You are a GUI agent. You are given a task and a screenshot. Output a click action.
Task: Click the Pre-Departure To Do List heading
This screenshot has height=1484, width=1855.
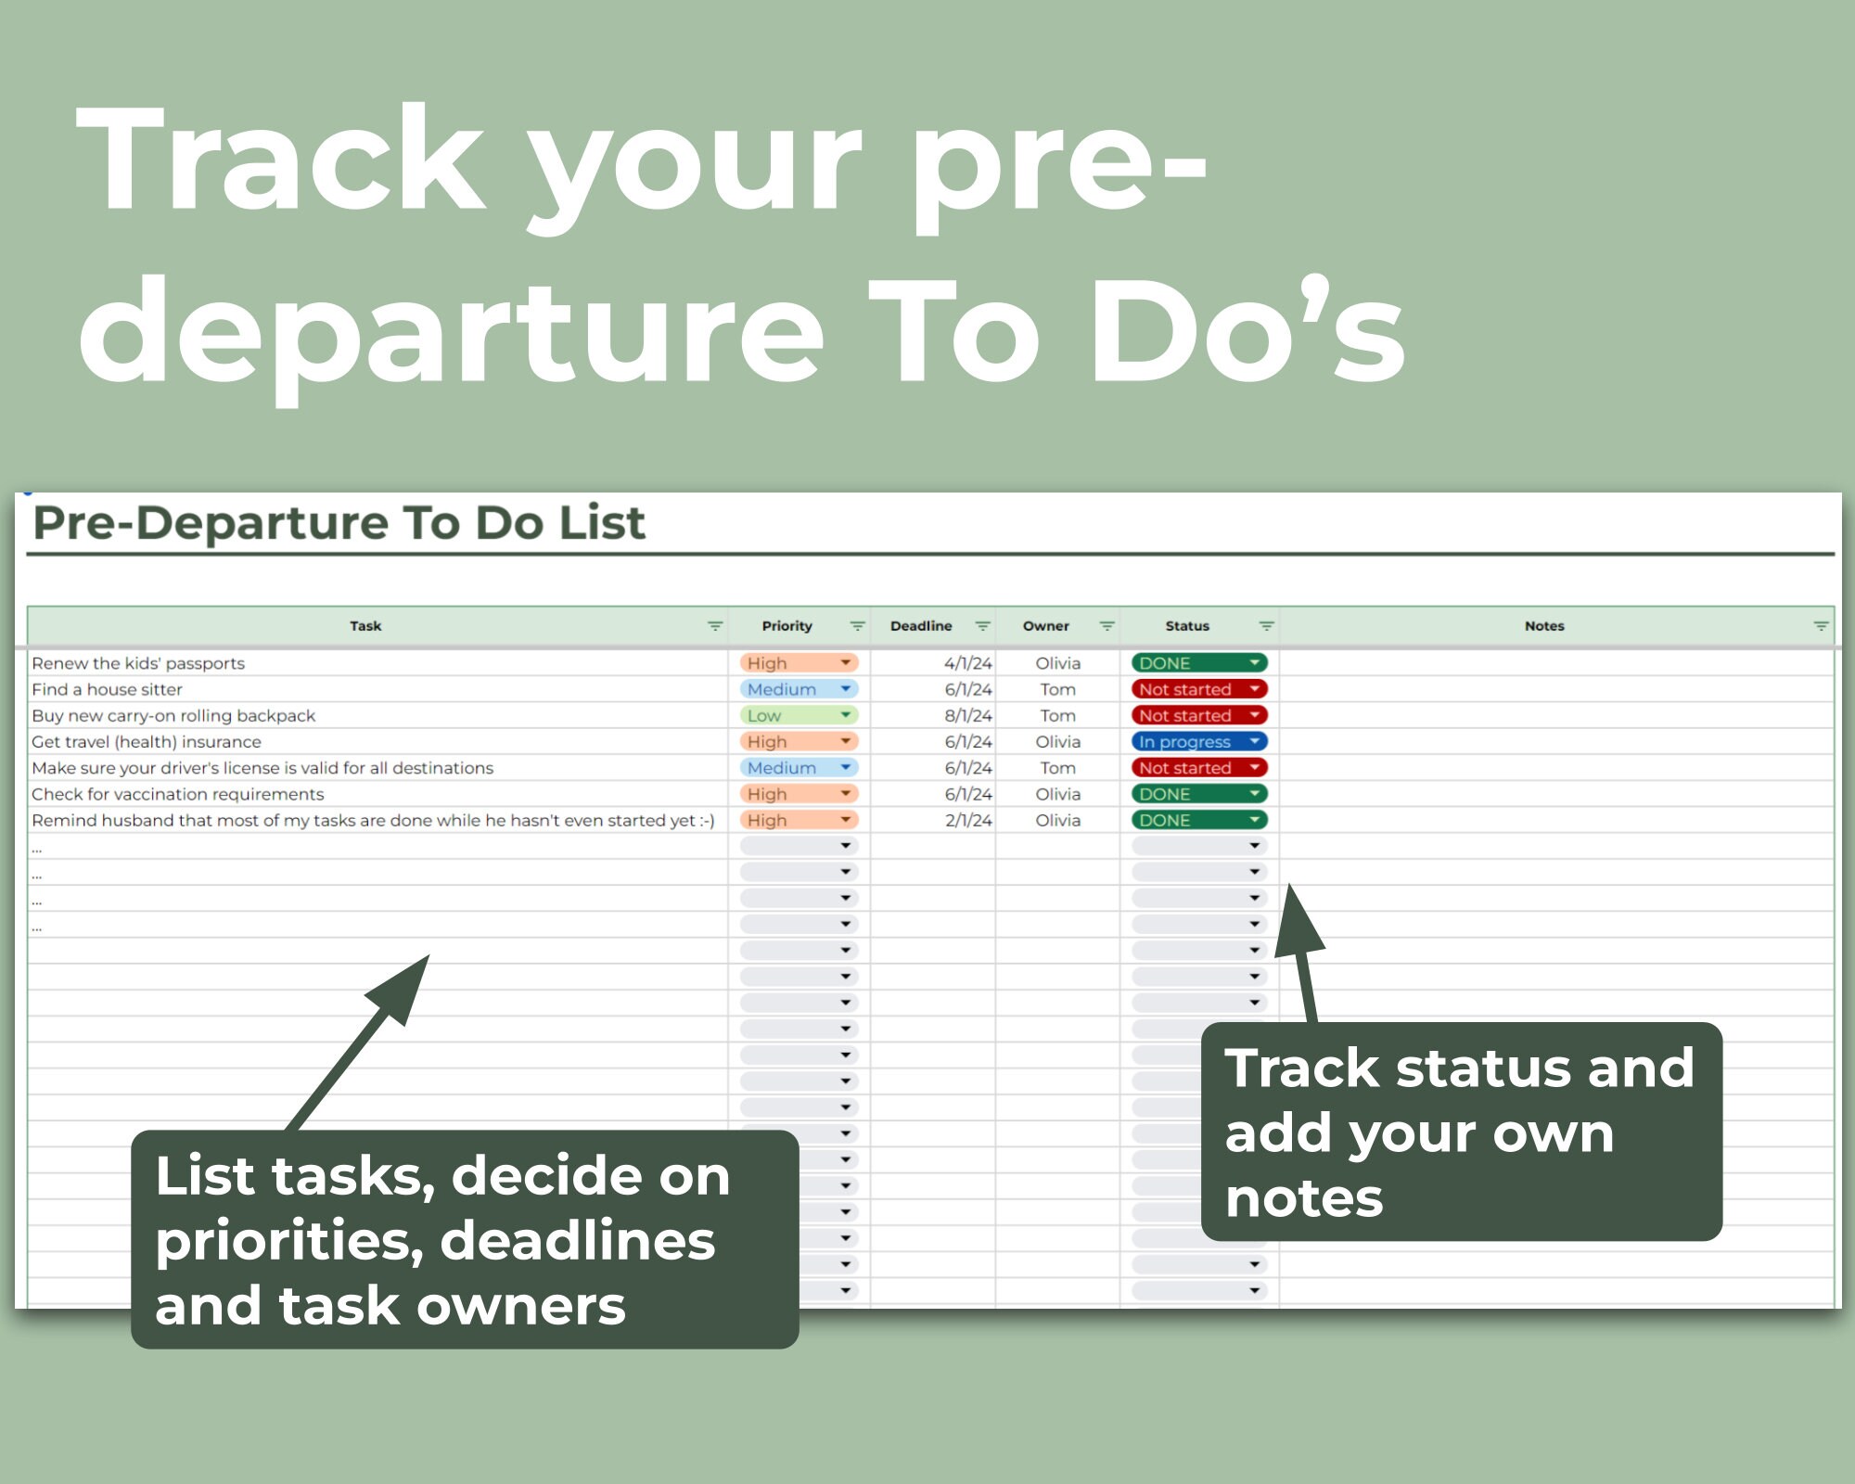click(339, 524)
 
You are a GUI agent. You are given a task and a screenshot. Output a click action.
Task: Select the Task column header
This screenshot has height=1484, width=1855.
click(365, 626)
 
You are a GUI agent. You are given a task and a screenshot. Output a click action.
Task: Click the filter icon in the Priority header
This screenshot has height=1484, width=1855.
click(857, 627)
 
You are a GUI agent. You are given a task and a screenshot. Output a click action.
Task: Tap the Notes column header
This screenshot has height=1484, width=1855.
click(1544, 626)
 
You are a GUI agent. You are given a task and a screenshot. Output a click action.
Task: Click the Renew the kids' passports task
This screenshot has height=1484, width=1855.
click(138, 663)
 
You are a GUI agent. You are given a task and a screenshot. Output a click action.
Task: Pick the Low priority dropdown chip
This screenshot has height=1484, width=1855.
click(798, 716)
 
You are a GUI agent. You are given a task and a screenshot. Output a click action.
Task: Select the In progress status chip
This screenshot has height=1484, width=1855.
click(1197, 742)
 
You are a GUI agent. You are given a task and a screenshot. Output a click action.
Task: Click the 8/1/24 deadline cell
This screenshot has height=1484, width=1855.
click(967, 716)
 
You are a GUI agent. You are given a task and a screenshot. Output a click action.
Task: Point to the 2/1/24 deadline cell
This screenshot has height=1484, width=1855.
click(967, 821)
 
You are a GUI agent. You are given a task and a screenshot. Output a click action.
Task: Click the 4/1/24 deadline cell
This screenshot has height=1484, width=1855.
click(967, 663)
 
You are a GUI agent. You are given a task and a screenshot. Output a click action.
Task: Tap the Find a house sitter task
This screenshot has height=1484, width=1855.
click(107, 690)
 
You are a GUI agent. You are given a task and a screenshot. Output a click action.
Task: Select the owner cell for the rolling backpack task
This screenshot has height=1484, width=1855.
click(1057, 716)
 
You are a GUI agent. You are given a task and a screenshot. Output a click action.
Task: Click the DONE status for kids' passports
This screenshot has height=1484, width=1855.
click(1197, 663)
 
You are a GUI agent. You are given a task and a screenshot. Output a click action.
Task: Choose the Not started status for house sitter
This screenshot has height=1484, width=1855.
click(1197, 690)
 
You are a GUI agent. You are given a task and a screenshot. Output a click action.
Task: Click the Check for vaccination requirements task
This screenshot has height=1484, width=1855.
click(178, 795)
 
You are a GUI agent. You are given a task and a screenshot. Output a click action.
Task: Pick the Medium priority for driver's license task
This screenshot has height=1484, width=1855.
click(798, 768)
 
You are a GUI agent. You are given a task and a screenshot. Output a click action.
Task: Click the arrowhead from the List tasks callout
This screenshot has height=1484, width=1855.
click(403, 988)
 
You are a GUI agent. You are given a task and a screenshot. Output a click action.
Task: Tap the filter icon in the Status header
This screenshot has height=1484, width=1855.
click(1266, 627)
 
